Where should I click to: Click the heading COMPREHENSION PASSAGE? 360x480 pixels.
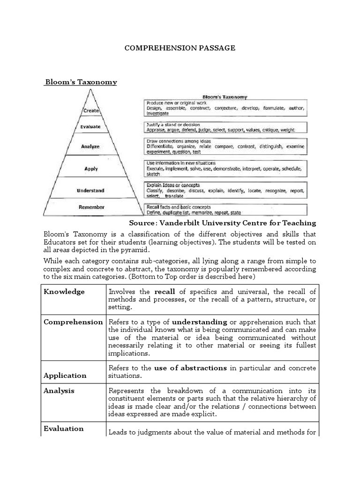point(180,48)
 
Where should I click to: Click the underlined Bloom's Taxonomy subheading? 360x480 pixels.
point(81,82)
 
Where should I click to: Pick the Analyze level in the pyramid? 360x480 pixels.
point(90,146)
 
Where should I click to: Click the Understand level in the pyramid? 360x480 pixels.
point(90,191)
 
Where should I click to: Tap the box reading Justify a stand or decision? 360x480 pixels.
point(225,127)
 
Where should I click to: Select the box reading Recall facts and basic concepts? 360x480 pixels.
point(225,209)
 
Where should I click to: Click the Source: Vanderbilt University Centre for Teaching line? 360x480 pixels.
point(222,223)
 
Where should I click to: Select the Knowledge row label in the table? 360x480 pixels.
point(64,292)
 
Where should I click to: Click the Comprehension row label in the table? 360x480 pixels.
point(73,322)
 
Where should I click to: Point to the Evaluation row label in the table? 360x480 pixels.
point(64,428)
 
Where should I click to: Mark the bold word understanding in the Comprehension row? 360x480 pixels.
point(200,322)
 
